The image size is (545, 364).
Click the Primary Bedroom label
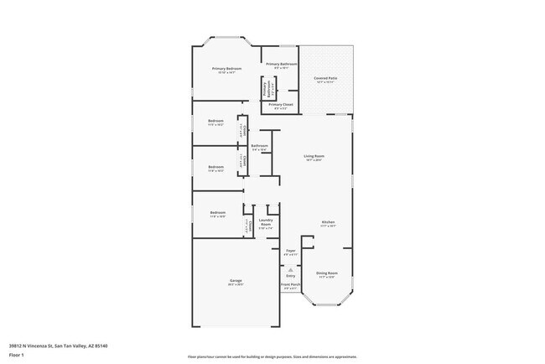226,69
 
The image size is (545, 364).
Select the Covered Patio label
326,79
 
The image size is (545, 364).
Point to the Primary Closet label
281,105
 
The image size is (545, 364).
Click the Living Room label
314,157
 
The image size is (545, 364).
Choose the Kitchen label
328,222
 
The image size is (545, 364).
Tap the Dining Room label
326,273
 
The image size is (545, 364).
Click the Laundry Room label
266,223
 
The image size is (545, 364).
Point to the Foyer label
290,251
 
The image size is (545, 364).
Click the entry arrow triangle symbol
290,268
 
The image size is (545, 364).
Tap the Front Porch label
290,285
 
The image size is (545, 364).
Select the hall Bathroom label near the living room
259,147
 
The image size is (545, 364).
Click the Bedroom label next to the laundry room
217,213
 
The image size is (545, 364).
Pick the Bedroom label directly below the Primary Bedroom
215,122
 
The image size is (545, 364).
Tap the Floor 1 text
17,355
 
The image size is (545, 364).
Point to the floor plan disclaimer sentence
272,356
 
